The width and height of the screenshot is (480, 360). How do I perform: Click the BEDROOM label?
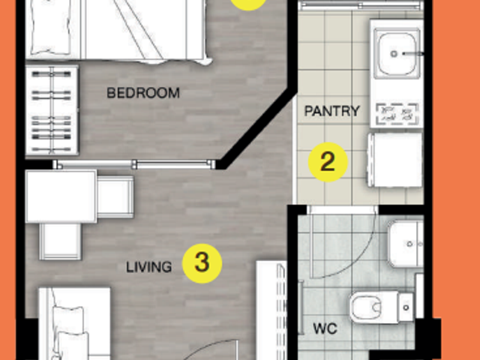[143, 93]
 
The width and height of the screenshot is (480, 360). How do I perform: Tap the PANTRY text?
[331, 111]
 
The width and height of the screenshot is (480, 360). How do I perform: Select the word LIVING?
[148, 267]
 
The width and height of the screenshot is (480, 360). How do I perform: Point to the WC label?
[325, 328]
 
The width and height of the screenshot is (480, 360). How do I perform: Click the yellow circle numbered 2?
[328, 162]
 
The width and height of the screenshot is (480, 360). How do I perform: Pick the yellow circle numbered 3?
[202, 263]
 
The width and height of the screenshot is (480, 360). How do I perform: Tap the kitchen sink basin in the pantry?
[397, 53]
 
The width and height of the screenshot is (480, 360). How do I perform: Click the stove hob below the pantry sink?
[397, 115]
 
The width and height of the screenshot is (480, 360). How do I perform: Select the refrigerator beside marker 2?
[395, 160]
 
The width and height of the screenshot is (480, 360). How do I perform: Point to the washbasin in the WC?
[406, 244]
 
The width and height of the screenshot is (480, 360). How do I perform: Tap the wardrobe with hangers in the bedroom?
[52, 110]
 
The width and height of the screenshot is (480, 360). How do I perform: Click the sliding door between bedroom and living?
[134, 164]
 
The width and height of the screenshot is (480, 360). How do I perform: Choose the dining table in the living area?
[61, 196]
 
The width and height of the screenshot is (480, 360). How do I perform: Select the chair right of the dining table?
[115, 196]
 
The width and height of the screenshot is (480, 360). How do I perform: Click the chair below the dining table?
[60, 241]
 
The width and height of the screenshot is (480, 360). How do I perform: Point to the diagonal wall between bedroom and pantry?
[258, 128]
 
